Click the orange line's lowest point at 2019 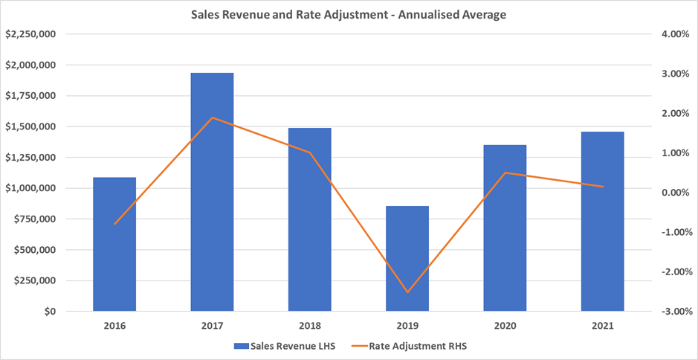coord(407,292)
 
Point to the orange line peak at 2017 coord(212,118)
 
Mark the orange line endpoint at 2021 coord(602,187)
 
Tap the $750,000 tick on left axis coord(36,219)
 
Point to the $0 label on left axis coord(51,312)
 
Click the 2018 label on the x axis coord(309,326)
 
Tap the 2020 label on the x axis coord(505,326)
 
